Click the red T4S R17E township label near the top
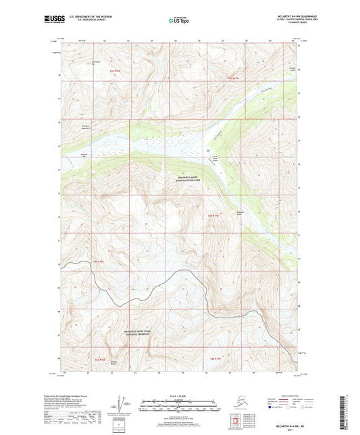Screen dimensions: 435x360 [232, 79]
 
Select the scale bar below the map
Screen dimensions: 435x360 [180, 407]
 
